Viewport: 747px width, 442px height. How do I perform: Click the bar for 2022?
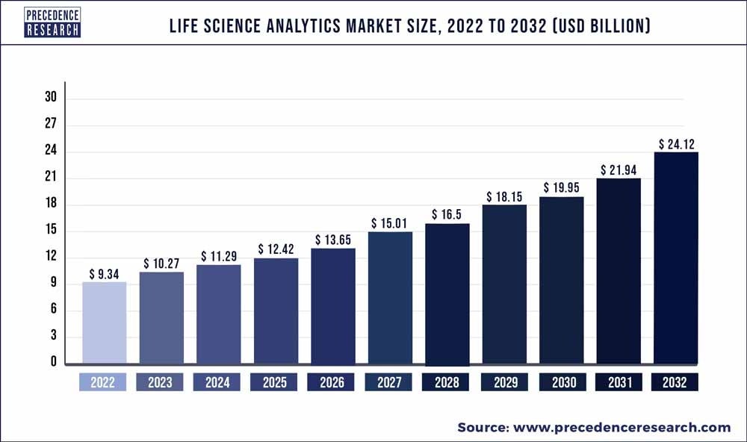tap(104, 323)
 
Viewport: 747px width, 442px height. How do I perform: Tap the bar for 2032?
tap(675, 258)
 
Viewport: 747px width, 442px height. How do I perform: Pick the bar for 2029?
tap(504, 284)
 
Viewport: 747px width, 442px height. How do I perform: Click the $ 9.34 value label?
tap(104, 274)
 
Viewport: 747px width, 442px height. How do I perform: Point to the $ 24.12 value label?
tap(675, 143)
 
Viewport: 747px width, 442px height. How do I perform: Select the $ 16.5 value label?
tap(447, 215)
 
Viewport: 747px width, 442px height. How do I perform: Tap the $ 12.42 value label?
tap(276, 249)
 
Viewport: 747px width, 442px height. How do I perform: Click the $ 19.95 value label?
tap(561, 188)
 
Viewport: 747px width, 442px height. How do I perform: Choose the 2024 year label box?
tap(217, 382)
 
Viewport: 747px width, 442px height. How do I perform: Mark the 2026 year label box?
tap(332, 382)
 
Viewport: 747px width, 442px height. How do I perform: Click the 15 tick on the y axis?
tap(50, 231)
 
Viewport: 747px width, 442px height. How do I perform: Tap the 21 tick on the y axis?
tap(50, 178)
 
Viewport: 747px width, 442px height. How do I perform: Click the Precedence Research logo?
tap(52, 22)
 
